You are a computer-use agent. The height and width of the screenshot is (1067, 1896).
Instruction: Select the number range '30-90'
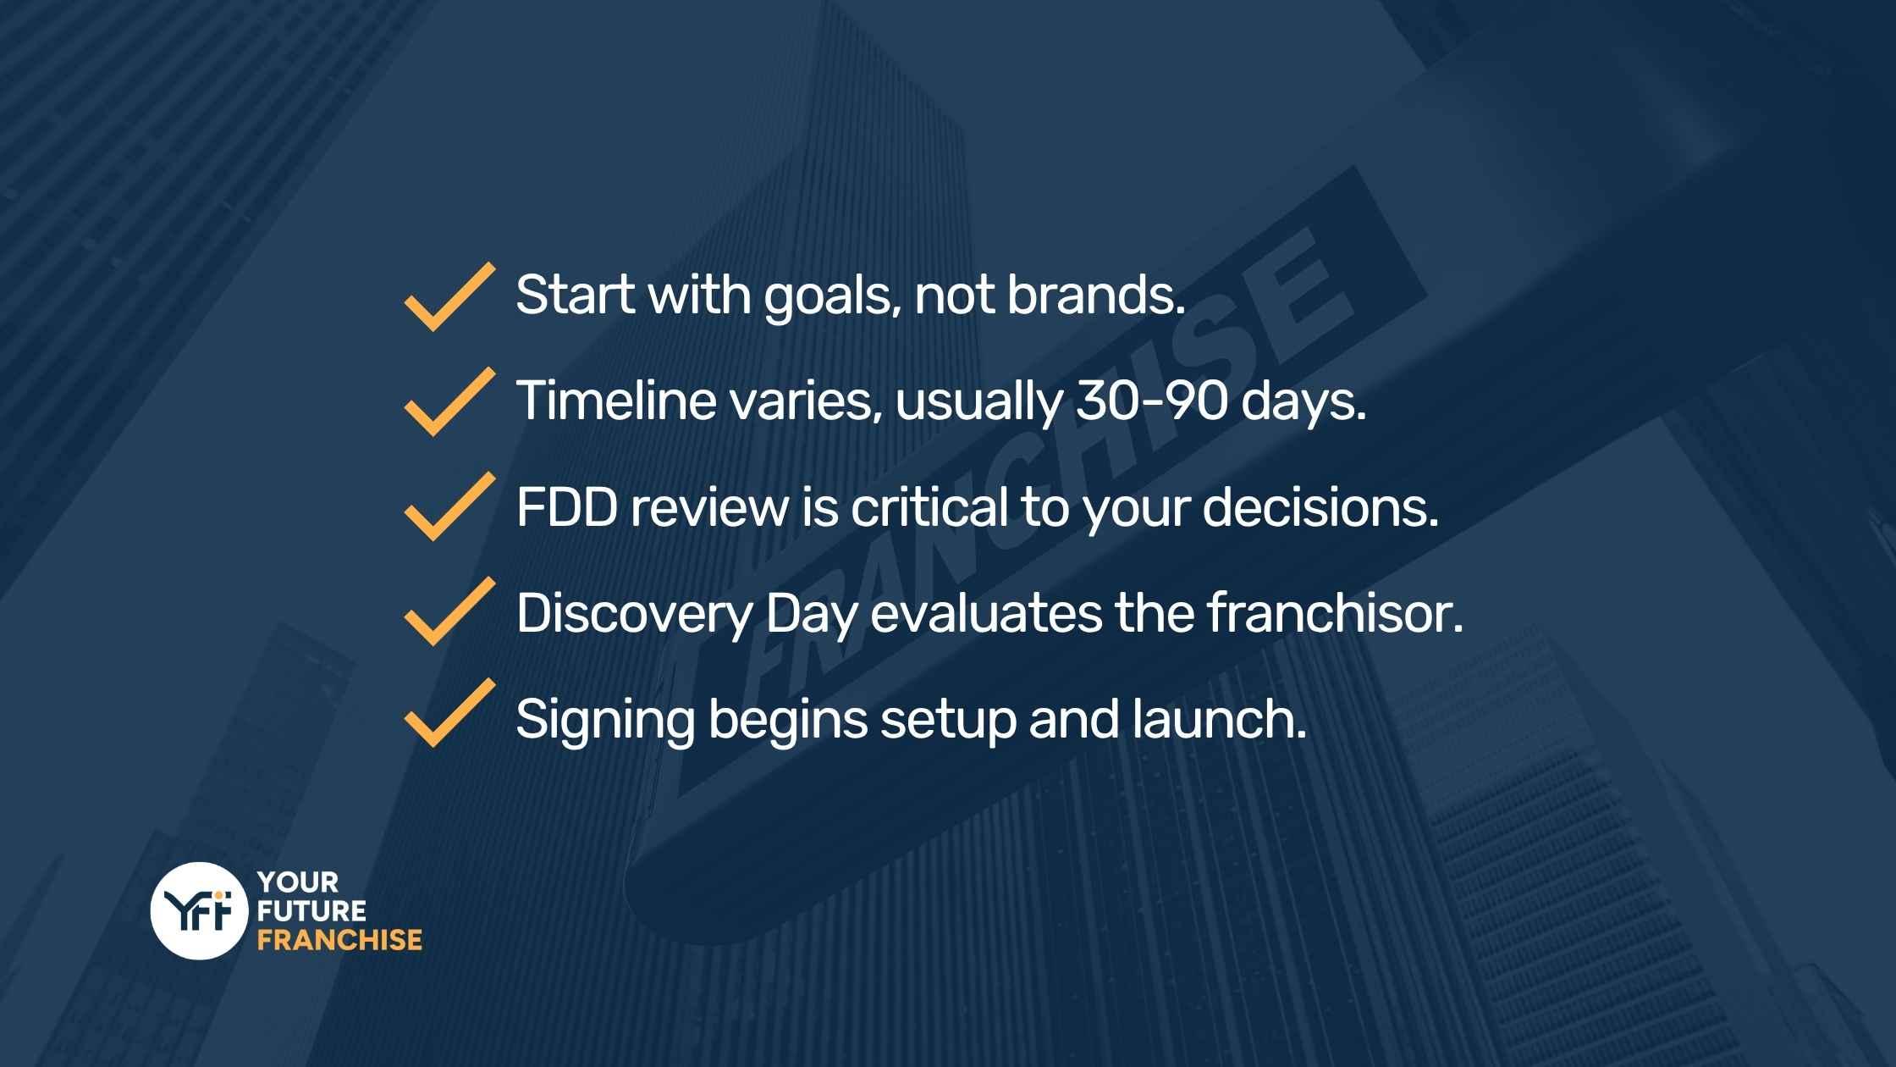(1151, 401)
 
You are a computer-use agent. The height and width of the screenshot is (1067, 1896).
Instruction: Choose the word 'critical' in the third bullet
(929, 507)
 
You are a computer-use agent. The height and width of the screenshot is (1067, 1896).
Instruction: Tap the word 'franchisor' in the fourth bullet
(1334, 612)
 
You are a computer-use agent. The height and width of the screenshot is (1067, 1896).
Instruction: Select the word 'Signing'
(605, 719)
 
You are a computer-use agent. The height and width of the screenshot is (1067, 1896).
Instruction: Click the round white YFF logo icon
(199, 910)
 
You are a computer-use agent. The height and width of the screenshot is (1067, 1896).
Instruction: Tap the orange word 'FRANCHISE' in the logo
(339, 940)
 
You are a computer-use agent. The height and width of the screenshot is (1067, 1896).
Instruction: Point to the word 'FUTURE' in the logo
(311, 911)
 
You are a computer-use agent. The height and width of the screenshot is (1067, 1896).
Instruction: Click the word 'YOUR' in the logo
(298, 882)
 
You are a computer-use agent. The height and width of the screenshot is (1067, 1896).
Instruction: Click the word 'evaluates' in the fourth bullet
(986, 612)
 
